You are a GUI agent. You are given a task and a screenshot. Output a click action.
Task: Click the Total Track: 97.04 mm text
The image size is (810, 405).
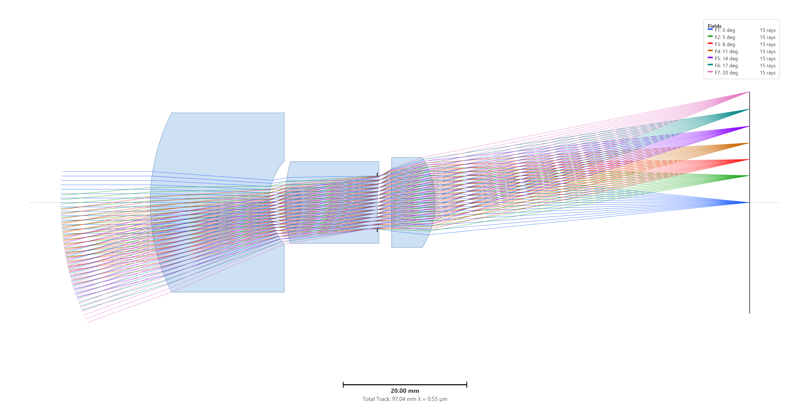(389, 399)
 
